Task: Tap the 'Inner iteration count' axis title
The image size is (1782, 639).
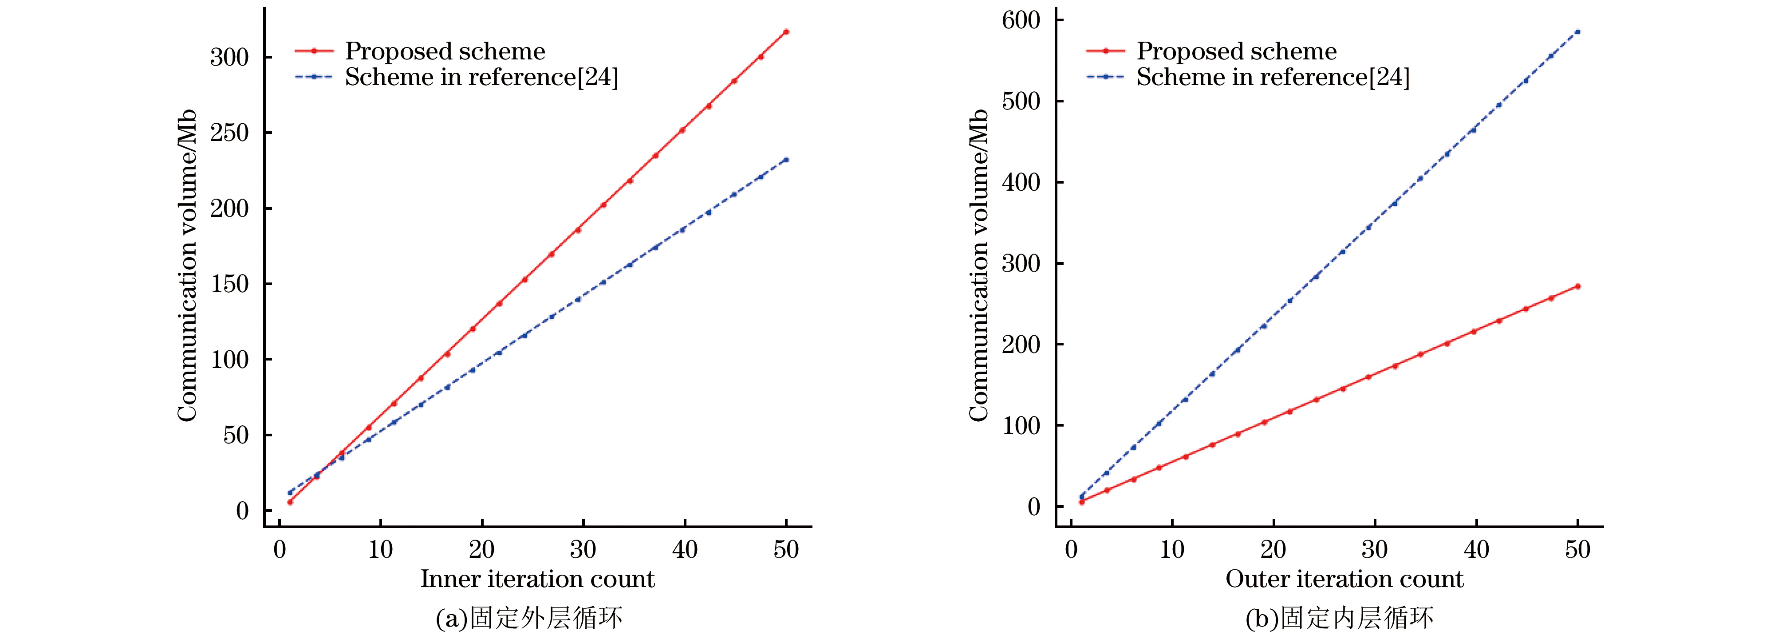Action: point(537,579)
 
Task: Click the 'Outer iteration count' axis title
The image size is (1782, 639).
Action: point(1344,579)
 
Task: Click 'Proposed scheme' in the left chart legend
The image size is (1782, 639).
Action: point(445,51)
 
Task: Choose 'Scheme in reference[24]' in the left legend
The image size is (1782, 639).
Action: point(481,77)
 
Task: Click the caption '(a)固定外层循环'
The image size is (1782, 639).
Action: point(529,618)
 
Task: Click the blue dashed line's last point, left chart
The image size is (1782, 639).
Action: point(786,160)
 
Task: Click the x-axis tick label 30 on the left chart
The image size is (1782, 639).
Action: point(583,550)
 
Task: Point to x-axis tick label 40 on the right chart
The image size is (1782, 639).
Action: point(1476,550)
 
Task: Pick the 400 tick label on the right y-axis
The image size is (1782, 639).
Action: point(1021,183)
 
